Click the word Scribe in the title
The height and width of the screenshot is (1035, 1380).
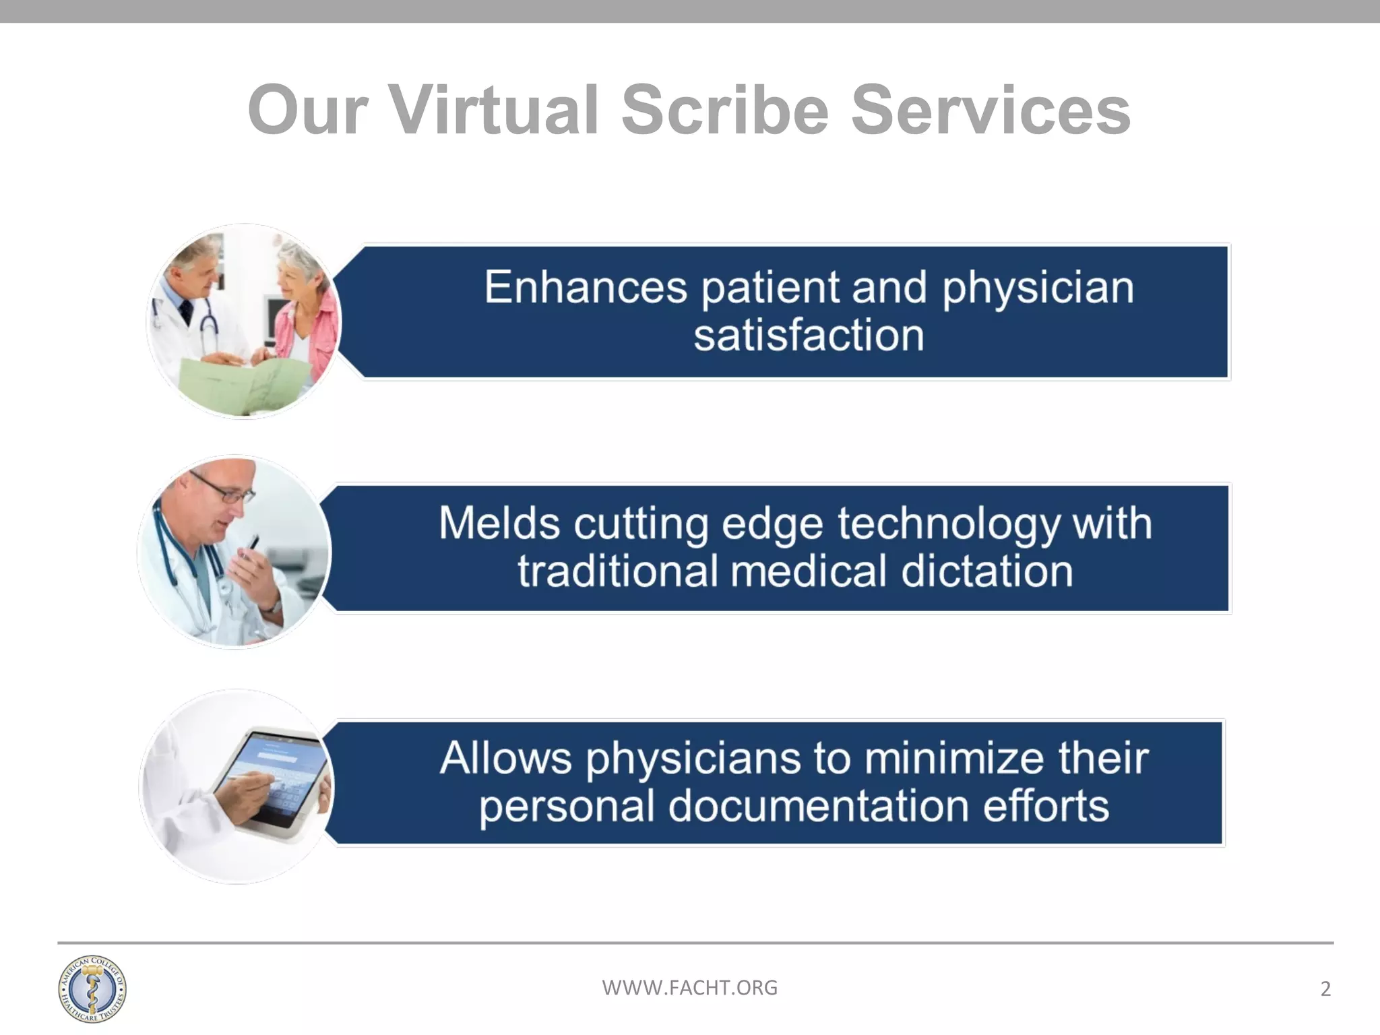[724, 110]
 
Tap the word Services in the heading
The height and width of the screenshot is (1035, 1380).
[991, 110]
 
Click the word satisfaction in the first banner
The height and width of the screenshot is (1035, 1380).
[809, 335]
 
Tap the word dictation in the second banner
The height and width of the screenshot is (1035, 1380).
[986, 571]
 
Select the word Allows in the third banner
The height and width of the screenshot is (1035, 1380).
[505, 758]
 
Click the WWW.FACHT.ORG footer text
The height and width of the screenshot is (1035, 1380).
[689, 988]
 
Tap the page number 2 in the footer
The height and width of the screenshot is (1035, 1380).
[1325, 989]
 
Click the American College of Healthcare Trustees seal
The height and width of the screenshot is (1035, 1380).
[92, 989]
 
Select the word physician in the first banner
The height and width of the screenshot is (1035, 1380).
[1038, 287]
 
